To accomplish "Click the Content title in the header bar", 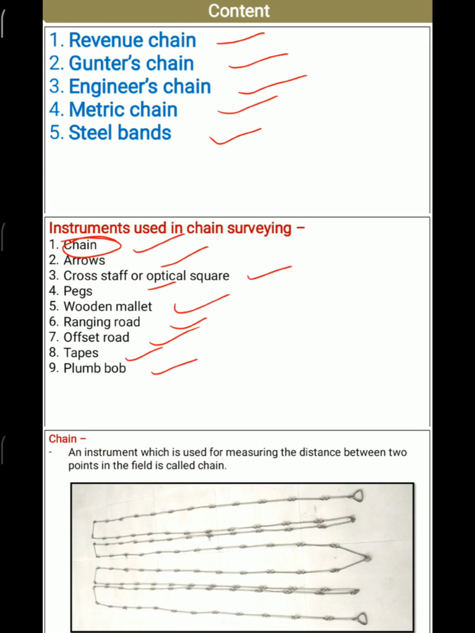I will (239, 11).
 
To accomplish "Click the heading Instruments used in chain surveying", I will (170, 228).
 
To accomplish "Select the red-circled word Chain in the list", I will (80, 245).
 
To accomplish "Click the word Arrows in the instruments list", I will (84, 260).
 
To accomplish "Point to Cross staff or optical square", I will (146, 276).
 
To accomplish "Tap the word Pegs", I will (78, 291).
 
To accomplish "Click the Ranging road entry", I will (101, 322).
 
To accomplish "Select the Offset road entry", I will (96, 338).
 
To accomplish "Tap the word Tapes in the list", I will (81, 353).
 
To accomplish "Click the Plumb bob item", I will (94, 368).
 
